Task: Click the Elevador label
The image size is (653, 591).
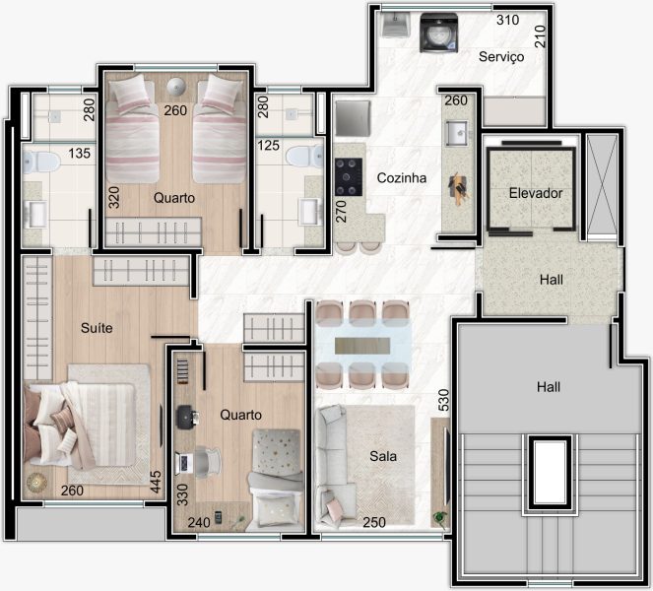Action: pyautogui.click(x=536, y=193)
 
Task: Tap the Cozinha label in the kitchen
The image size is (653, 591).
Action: pyautogui.click(x=402, y=178)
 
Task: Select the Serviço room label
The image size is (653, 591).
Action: pyautogui.click(x=501, y=57)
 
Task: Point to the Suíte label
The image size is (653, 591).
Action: pyautogui.click(x=97, y=328)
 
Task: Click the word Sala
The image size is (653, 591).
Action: pyautogui.click(x=383, y=456)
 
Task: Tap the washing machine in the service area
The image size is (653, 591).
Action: pyautogui.click(x=438, y=33)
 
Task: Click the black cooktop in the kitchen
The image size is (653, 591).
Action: pyautogui.click(x=349, y=176)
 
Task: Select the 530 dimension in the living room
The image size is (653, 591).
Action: pyautogui.click(x=444, y=400)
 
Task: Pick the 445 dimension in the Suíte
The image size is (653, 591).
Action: pyautogui.click(x=155, y=482)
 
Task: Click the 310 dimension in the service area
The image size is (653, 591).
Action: pyautogui.click(x=507, y=20)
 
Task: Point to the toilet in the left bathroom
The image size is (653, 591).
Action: pyautogui.click(x=41, y=162)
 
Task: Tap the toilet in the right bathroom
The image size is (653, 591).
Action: pyautogui.click(x=305, y=157)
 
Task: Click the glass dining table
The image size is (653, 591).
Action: pyautogui.click(x=362, y=346)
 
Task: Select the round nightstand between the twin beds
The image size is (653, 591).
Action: pyautogui.click(x=176, y=87)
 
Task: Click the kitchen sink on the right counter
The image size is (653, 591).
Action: pyautogui.click(x=457, y=133)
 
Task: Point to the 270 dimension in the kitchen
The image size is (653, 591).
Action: pyautogui.click(x=341, y=212)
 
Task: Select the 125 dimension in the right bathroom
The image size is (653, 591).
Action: pyautogui.click(x=268, y=146)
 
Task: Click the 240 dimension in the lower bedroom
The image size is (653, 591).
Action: pyautogui.click(x=199, y=522)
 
